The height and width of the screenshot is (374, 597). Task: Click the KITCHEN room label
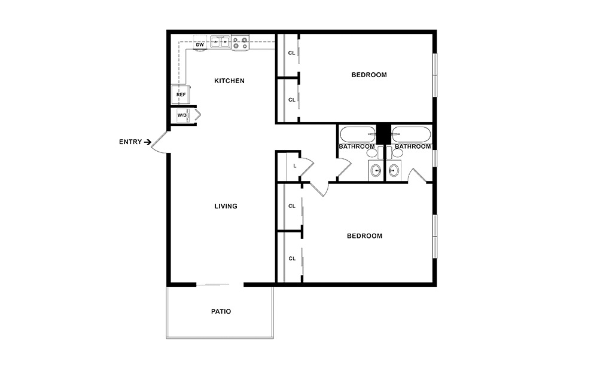pyautogui.click(x=229, y=81)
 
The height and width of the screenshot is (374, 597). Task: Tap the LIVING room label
pyautogui.click(x=226, y=206)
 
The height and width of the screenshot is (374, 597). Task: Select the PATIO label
pyautogui.click(x=221, y=311)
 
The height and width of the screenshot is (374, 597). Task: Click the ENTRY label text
pyautogui.click(x=130, y=142)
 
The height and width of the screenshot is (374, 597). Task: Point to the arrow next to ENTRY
pyautogui.click(x=147, y=142)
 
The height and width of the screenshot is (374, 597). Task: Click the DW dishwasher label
pyautogui.click(x=200, y=45)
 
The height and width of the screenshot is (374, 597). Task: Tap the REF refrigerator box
pyautogui.click(x=181, y=94)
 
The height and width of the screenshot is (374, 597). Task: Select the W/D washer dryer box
pyautogui.click(x=181, y=115)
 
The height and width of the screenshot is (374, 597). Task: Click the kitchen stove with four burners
pyautogui.click(x=240, y=44)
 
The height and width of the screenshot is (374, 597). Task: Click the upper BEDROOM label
pyautogui.click(x=368, y=75)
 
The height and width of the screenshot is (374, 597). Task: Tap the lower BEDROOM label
pyautogui.click(x=364, y=236)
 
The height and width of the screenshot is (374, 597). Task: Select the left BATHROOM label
pyautogui.click(x=357, y=146)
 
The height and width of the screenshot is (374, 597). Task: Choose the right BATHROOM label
pyautogui.click(x=412, y=146)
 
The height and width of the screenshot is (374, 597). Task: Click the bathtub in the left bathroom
pyautogui.click(x=357, y=134)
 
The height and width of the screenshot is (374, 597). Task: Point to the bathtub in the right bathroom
pyautogui.click(x=411, y=134)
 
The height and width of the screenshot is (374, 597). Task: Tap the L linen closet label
pyautogui.click(x=295, y=166)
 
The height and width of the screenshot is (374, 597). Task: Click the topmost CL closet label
pyautogui.click(x=292, y=53)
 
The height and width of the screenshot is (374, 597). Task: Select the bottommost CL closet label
pyautogui.click(x=292, y=259)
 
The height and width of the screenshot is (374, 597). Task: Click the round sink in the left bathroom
pyautogui.click(x=376, y=171)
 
